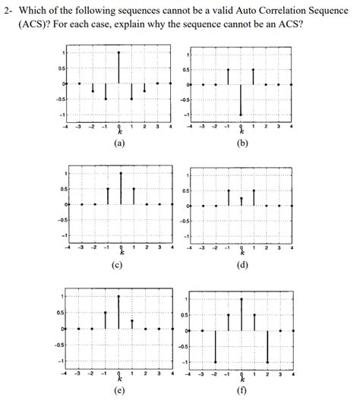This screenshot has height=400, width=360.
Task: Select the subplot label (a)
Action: (118, 142)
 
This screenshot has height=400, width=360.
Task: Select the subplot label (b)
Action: (241, 142)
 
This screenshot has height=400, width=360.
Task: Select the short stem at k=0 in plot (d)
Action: (241, 201)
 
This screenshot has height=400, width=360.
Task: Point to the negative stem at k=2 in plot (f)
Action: (267, 346)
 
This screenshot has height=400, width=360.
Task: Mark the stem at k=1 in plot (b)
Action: (254, 76)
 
